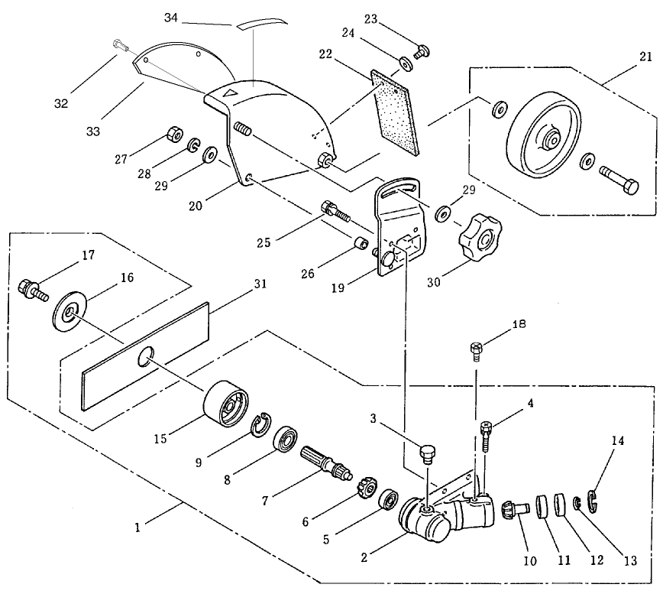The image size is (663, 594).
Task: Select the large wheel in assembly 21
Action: coord(542,135)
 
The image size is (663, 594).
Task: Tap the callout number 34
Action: coord(171,18)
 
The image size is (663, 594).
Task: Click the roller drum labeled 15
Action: coord(226,404)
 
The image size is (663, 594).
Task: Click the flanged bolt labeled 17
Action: coord(33,290)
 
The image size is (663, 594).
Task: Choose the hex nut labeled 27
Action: coord(174,135)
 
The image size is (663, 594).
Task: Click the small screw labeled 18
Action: coord(477,352)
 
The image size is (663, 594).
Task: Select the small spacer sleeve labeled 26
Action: coord(361,244)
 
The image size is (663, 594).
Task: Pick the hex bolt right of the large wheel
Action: coord(619,180)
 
